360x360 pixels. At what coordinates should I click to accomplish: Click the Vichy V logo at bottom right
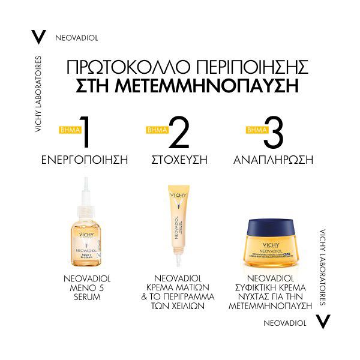point(323,322)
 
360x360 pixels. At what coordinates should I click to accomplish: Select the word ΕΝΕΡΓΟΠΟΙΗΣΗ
point(86,160)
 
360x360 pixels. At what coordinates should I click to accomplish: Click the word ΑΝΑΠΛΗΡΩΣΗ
point(273,160)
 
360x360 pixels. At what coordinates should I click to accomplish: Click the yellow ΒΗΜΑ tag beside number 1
point(68,130)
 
